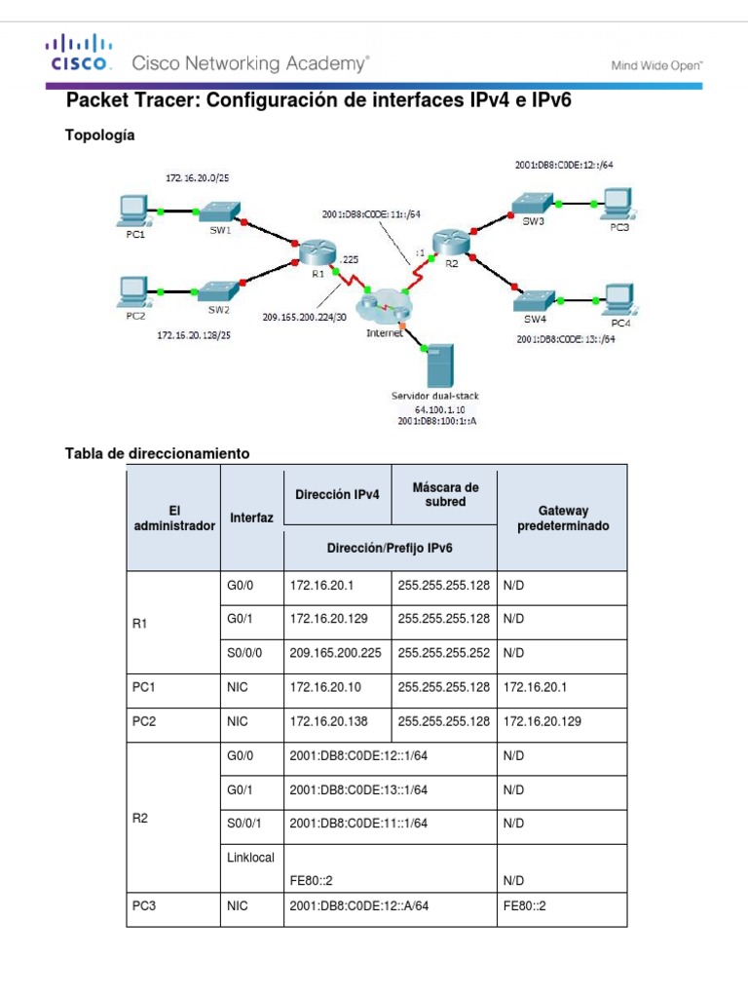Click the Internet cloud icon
click(384, 307)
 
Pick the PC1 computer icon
click(131, 210)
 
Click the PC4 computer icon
click(618, 299)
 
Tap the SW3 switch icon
click(533, 203)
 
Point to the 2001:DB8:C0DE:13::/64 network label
click(567, 339)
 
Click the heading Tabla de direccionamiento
click(157, 453)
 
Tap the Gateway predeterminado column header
click(562, 518)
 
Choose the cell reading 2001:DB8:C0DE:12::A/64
click(359, 905)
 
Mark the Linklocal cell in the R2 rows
click(250, 858)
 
